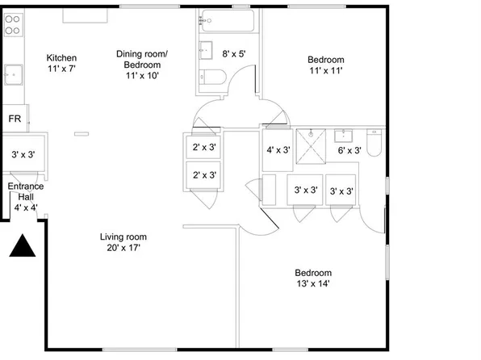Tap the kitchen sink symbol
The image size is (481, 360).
(x=13, y=76)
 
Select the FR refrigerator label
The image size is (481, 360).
(x=15, y=119)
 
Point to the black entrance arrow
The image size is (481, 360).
(x=24, y=245)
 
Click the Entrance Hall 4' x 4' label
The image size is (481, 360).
(x=26, y=197)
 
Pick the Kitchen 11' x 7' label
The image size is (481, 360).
(x=61, y=63)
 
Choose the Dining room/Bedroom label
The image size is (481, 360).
(x=142, y=65)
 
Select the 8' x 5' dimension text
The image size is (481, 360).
(x=233, y=54)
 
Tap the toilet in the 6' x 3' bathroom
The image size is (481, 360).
(x=374, y=144)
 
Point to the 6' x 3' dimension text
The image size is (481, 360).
(x=349, y=150)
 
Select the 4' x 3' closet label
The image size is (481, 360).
(x=278, y=149)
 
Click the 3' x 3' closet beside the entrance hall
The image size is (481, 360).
(x=23, y=153)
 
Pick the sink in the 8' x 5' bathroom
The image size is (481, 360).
(x=203, y=47)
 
